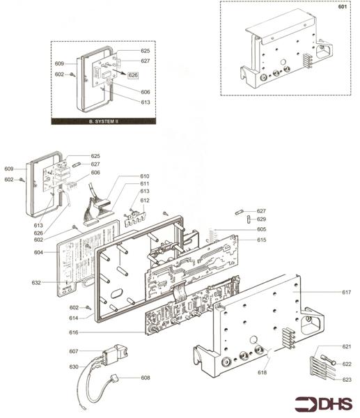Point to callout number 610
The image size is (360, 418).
tap(145, 176)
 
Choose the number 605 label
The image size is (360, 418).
tap(261, 229)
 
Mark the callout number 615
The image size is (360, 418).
tap(261, 240)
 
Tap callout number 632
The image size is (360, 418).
tap(37, 282)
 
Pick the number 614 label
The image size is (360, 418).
tap(74, 318)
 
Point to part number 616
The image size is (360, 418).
tap(74, 333)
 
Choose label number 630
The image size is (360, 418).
tap(74, 366)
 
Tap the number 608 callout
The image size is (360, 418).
tap(145, 378)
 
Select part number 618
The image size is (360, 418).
tap(261, 373)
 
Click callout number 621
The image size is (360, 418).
tap(346, 346)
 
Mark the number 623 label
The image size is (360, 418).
tap(346, 379)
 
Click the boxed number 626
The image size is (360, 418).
tap(133, 75)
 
